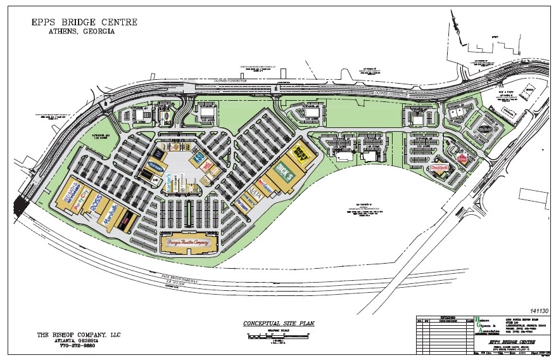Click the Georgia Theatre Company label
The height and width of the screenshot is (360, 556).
(x=188, y=241)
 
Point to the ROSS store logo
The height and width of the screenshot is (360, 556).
(x=96, y=206)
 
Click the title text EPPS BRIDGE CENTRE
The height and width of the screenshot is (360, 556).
(x=84, y=22)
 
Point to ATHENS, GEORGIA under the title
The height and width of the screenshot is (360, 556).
(x=85, y=32)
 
